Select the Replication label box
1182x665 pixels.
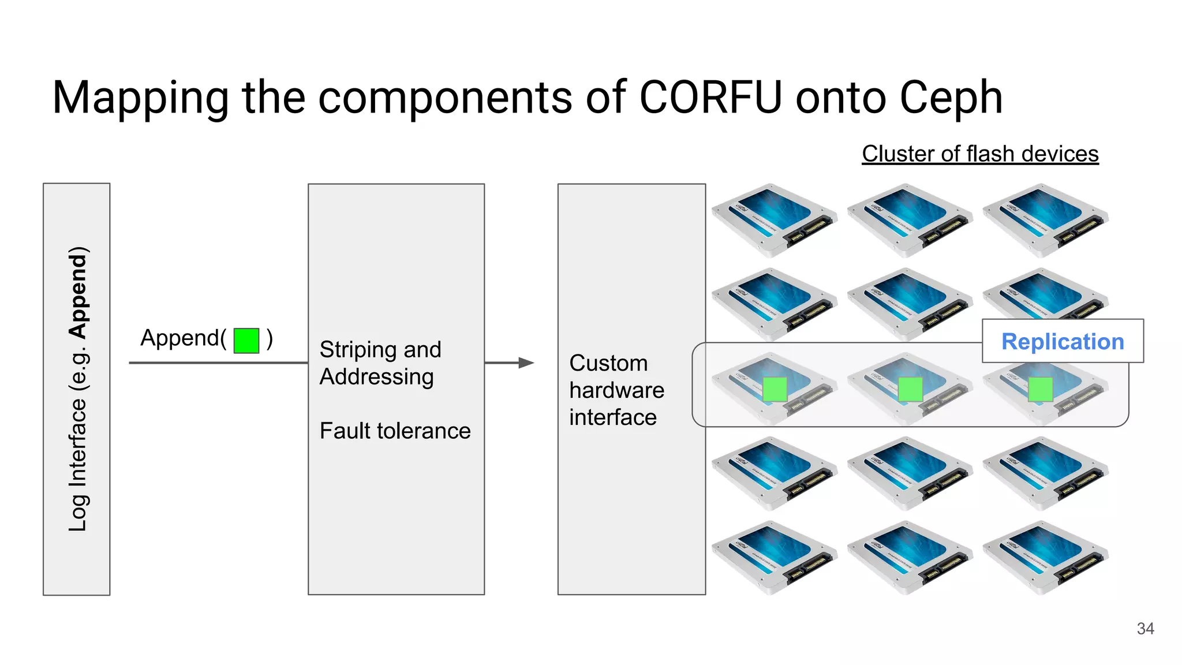tap(1062, 341)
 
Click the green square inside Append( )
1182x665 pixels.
tap(246, 340)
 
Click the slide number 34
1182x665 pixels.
tap(1145, 628)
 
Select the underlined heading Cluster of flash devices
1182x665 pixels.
tap(980, 154)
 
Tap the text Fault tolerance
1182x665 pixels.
tap(395, 431)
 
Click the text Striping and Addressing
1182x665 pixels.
tap(380, 363)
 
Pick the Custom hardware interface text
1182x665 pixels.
tap(616, 390)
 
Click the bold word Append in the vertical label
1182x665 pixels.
tap(77, 292)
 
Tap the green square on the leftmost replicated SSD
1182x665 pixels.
tap(775, 389)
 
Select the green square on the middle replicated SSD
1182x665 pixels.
tap(910, 389)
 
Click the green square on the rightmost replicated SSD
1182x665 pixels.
tap(1040, 389)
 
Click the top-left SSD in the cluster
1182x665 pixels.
tap(773, 220)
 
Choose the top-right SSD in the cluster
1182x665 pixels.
tap(1045, 220)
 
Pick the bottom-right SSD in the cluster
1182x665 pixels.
tap(1045, 558)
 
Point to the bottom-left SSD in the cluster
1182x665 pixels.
tap(773, 558)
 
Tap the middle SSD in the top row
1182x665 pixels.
tap(909, 220)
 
